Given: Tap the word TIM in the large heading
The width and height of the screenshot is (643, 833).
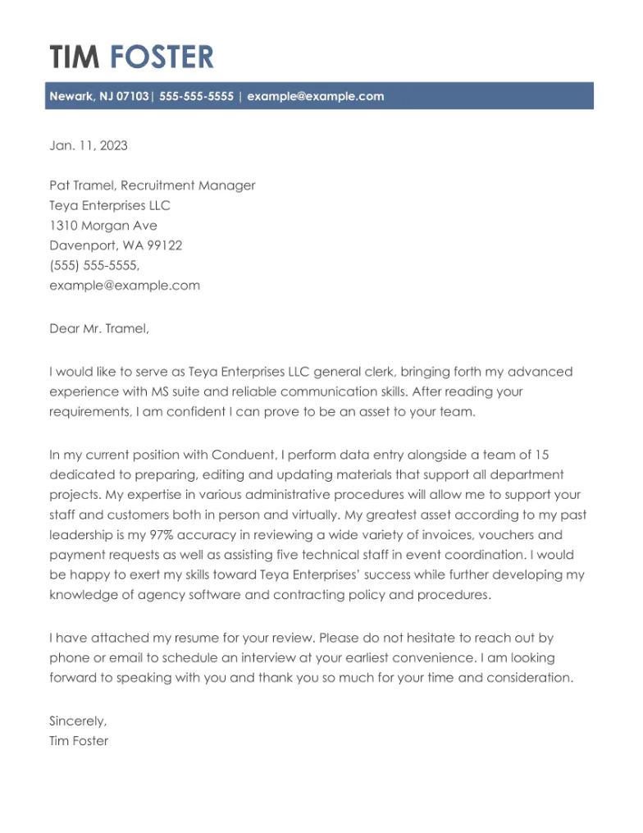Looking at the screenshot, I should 75,57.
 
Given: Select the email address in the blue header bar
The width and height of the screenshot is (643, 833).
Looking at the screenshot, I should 315,96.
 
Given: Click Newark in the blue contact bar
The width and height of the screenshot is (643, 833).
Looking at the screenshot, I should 71,96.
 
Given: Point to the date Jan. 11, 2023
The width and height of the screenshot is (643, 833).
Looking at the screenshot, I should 89,146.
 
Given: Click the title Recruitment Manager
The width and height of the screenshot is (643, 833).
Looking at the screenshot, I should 188,185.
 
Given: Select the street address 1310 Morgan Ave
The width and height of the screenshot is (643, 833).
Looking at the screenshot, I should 103,226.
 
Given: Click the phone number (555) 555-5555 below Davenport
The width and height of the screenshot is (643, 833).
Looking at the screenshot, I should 93,266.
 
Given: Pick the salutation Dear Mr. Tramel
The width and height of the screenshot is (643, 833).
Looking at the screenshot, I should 99,329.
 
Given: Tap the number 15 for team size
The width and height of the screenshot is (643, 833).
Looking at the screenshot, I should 543,455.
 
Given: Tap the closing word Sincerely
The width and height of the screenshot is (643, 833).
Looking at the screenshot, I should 78,721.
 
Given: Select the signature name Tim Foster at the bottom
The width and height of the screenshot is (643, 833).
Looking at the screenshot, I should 79,741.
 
